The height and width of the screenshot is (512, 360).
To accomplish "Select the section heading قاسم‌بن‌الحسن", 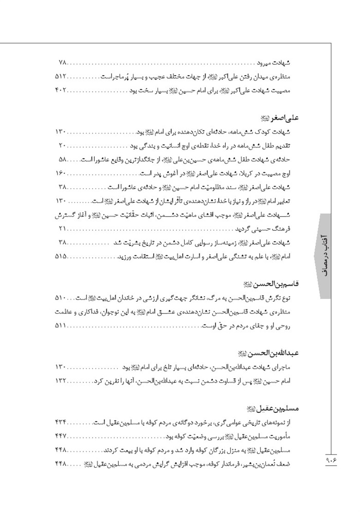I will pos(273,284).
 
